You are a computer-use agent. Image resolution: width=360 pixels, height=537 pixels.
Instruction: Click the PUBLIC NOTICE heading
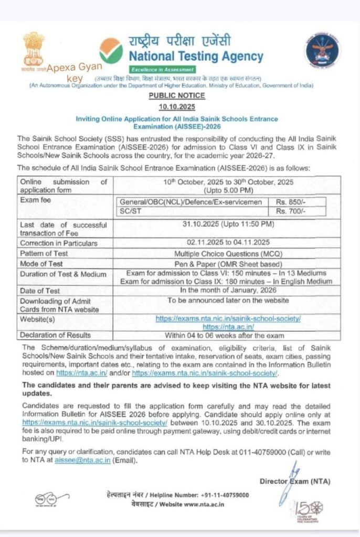pyautogui.click(x=176, y=95)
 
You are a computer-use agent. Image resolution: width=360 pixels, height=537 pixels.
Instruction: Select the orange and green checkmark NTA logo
pyautogui.click(x=111, y=50)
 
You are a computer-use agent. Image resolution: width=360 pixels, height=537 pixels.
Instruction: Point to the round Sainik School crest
pyautogui.click(x=322, y=50)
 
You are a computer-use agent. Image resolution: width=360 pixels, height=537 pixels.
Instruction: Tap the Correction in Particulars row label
pyautogui.click(x=59, y=243)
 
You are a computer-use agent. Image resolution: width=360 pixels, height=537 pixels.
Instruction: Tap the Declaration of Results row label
pyautogui.click(x=55, y=335)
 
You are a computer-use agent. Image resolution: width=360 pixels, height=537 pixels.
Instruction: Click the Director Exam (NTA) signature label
pyautogui.click(x=295, y=481)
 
